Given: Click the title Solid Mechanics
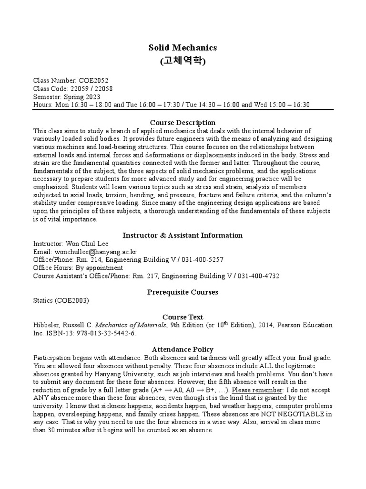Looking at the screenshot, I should pyautogui.click(x=183, y=47).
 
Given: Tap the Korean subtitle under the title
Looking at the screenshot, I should pyautogui.click(x=183, y=61).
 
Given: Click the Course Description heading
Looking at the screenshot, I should pyautogui.click(x=183, y=123).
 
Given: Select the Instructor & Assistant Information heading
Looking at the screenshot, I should pyautogui.click(x=183, y=235).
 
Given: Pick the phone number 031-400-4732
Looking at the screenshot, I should pyautogui.click(x=261, y=276).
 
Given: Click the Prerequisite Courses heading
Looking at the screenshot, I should pyautogui.click(x=183, y=292).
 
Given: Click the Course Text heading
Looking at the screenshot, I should pyautogui.click(x=183, y=317).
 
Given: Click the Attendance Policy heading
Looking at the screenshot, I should pyautogui.click(x=183, y=350).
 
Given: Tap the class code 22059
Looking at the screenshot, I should pyautogui.click(x=79, y=89).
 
